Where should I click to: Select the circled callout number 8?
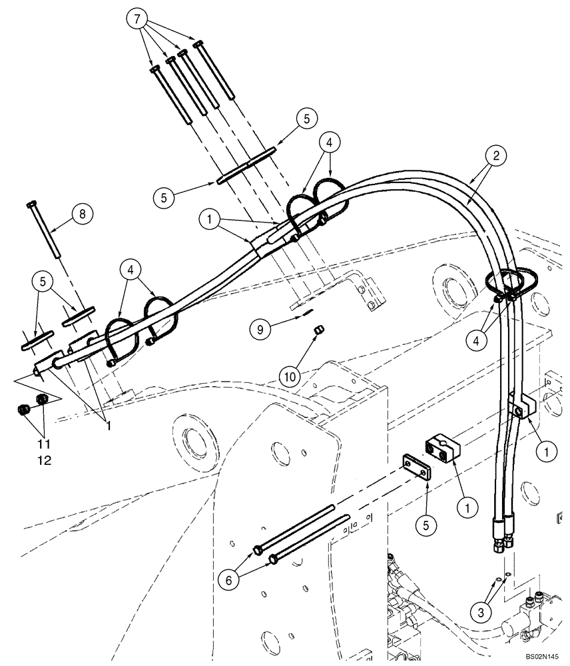pyautogui.click(x=82, y=214)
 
